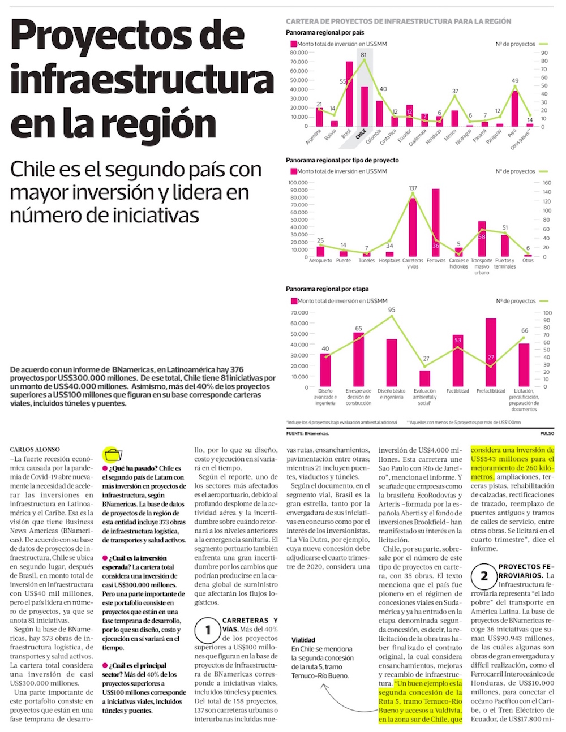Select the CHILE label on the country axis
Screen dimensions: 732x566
360,135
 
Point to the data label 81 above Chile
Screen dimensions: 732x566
363,55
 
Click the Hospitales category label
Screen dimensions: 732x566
389,261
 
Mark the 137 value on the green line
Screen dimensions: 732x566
413,188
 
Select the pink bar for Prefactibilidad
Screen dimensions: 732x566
491,352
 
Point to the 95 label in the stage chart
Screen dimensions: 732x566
392,310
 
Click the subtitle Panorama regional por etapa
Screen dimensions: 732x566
327,289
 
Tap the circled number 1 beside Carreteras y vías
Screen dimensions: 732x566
207,630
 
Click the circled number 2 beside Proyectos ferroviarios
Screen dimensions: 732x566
484,576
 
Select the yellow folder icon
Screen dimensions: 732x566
113,454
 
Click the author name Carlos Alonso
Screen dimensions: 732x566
35,450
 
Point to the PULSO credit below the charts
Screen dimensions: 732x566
547,433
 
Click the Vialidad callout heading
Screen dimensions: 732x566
303,640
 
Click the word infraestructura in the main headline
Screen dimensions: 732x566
141,79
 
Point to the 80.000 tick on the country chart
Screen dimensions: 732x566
299,53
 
